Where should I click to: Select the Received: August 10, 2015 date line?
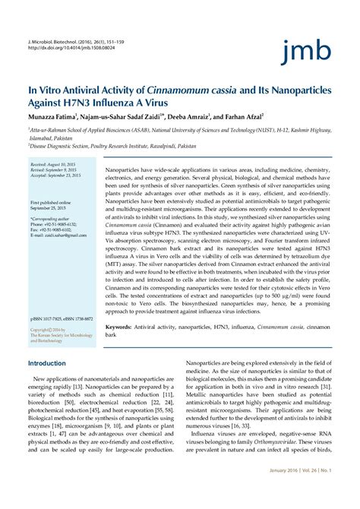(x=54, y=164)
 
